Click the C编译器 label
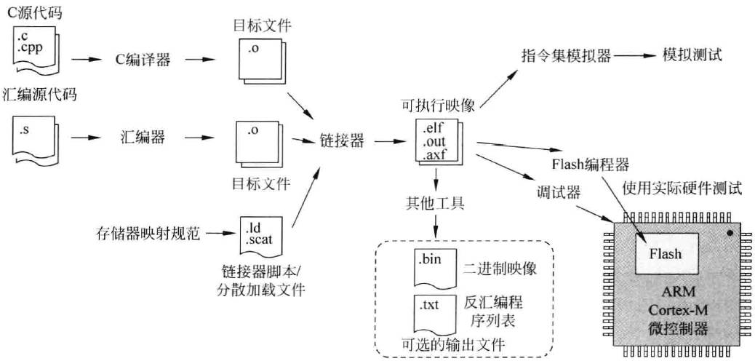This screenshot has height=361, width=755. pos(143,60)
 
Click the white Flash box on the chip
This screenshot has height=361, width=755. pos(666,253)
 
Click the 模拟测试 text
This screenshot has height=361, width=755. pos(692,55)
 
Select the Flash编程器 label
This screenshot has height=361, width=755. pos(590,161)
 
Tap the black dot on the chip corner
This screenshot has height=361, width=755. pos(730,234)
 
